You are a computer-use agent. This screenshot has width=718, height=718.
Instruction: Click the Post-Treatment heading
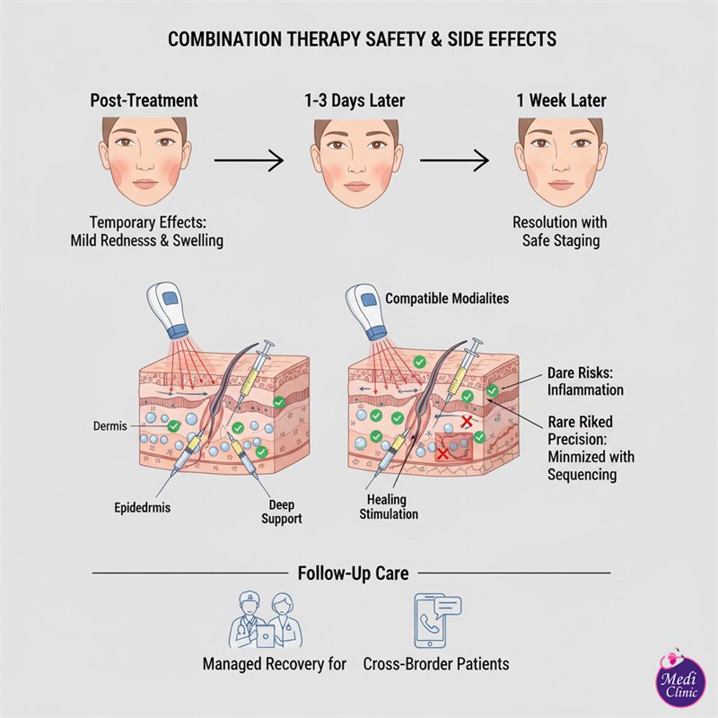144,101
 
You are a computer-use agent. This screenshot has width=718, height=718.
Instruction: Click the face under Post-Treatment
143,162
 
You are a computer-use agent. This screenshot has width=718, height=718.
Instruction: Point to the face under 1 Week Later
559,162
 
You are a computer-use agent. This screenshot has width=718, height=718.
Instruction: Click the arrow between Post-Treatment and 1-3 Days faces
249,162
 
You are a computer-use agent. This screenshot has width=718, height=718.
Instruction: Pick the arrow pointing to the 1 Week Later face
455,162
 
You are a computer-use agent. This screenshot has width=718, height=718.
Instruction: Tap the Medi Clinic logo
679,680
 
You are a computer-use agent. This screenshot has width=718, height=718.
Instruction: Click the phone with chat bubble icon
437,620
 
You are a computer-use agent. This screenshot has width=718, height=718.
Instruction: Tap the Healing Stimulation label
388,507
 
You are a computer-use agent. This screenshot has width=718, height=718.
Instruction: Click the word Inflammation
585,390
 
